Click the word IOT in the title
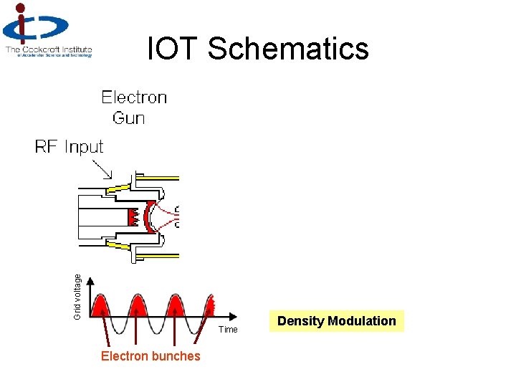tap(173, 49)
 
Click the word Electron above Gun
tap(134, 97)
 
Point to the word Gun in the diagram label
tap(129, 118)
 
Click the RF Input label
tap(70, 147)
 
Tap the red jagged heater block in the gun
tap(131, 215)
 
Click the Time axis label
tap(228, 330)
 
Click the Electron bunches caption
tap(150, 356)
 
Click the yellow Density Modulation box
tap(337, 321)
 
